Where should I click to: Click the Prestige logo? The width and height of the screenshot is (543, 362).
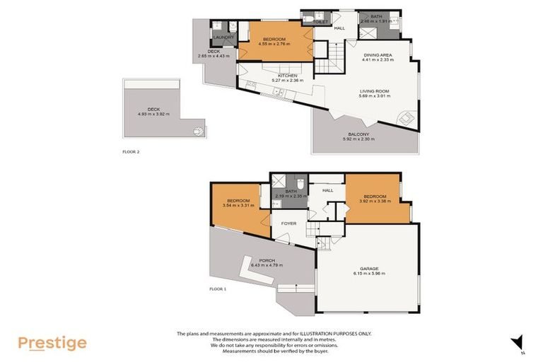tap(52, 343)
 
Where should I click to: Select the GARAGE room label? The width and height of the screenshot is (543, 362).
tap(369, 268)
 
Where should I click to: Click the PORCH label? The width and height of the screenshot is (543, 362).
tap(267, 260)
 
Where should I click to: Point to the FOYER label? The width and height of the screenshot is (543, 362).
tap(288, 223)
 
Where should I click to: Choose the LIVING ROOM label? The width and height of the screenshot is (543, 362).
tap(375, 91)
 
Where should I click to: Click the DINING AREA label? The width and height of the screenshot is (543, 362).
tap(378, 55)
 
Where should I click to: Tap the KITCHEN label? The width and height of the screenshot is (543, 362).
tap(287, 76)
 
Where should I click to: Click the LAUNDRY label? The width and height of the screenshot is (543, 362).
tap(223, 37)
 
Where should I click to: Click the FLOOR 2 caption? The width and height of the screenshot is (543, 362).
tap(131, 151)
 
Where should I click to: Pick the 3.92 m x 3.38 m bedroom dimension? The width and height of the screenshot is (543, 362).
tap(375, 202)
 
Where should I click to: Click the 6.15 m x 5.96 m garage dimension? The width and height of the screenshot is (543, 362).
tap(369, 274)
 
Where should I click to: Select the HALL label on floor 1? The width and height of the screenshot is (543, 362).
tap(327, 190)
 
